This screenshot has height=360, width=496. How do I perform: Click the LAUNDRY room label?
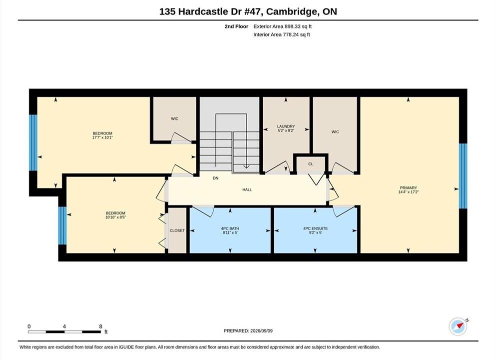pos(286,126)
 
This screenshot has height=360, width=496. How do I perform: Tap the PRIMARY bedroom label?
pos(409,188)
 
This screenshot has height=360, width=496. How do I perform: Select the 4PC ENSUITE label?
pos(315,228)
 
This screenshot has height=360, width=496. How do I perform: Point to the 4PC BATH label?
pos(230,228)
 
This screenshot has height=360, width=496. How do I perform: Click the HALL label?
pos(247,189)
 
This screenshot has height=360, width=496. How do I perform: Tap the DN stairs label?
pos(216,178)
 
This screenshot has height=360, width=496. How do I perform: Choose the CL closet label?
pos(311,164)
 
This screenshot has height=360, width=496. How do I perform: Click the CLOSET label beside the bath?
pos(177,230)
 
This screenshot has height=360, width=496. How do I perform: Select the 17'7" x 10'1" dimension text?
pos(102,137)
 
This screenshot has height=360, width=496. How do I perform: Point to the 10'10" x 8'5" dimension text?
pos(116,217)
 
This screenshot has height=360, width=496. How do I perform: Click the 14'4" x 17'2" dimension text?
pos(409,192)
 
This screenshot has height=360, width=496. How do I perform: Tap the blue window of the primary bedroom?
pos(463,176)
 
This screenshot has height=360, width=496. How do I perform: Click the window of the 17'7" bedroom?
pos(33,143)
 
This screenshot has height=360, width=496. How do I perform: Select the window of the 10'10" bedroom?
pos(62,226)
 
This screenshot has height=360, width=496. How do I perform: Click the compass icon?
pos(458,326)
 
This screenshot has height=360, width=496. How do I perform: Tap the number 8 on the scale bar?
pos(100,326)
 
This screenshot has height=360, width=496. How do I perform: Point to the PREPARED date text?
pos(248,331)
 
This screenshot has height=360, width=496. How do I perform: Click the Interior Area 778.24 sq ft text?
pos(282,34)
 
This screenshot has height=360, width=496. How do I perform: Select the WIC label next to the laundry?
pos(335,131)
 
